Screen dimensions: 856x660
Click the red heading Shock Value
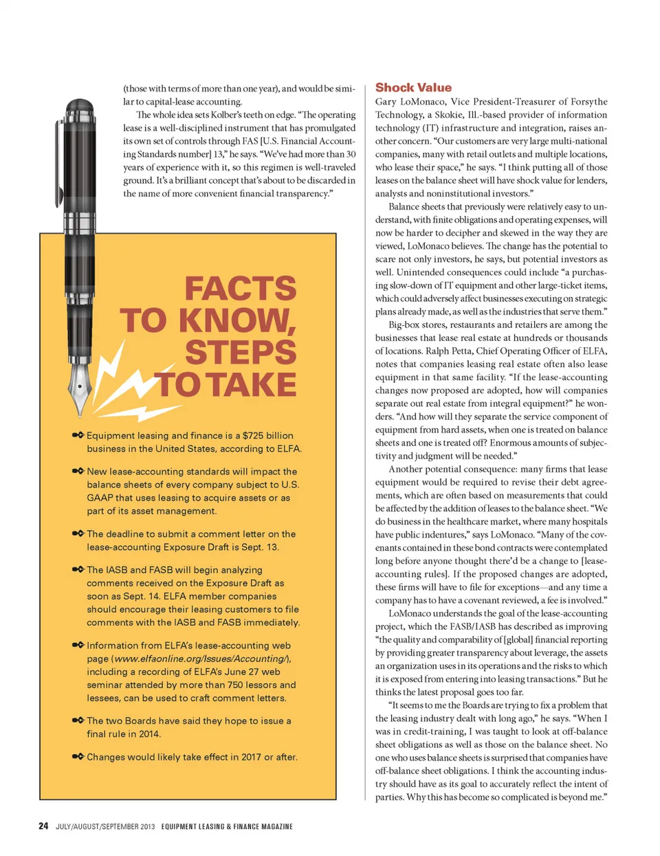tap(413, 87)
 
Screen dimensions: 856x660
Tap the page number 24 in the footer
tap(43, 826)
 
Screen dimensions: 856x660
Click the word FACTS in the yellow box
tap(240, 289)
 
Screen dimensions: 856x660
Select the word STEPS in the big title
tap(240, 353)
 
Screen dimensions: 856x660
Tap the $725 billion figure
tap(268, 435)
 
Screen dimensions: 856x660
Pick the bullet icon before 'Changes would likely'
tap(78, 756)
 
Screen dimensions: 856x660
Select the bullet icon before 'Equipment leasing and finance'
tap(78, 435)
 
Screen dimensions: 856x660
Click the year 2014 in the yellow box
tap(149, 734)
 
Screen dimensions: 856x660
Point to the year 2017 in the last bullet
tap(251, 757)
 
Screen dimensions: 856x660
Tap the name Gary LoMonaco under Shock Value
tap(410, 102)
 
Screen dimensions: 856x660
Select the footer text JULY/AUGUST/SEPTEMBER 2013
tap(105, 826)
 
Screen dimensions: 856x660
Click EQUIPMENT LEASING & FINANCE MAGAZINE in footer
tap(227, 826)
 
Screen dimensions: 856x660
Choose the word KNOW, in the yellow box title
tap(237, 321)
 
